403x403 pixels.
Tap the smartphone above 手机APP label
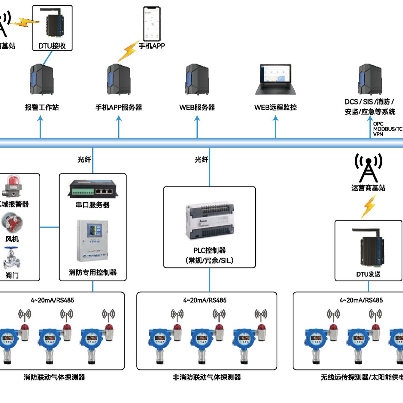coord(152,24)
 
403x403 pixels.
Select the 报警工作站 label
coord(42,107)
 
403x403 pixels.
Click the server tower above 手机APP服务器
coord(119,79)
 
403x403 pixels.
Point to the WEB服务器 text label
coord(197,107)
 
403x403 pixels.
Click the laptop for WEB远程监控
coord(275,80)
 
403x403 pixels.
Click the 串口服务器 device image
coord(93,189)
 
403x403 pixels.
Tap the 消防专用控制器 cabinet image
coord(93,241)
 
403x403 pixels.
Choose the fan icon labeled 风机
coord(12,223)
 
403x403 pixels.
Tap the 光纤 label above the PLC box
coord(201,159)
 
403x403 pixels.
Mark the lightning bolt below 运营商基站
coord(369,206)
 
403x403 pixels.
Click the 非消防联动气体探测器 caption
coord(207,377)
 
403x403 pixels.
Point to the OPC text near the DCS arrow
coord(378,124)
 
